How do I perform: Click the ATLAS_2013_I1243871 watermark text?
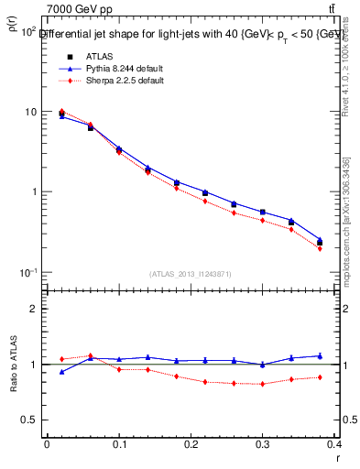(x=191, y=274)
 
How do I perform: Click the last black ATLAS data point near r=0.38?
(x=320, y=243)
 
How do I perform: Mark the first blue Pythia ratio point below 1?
(x=61, y=372)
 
